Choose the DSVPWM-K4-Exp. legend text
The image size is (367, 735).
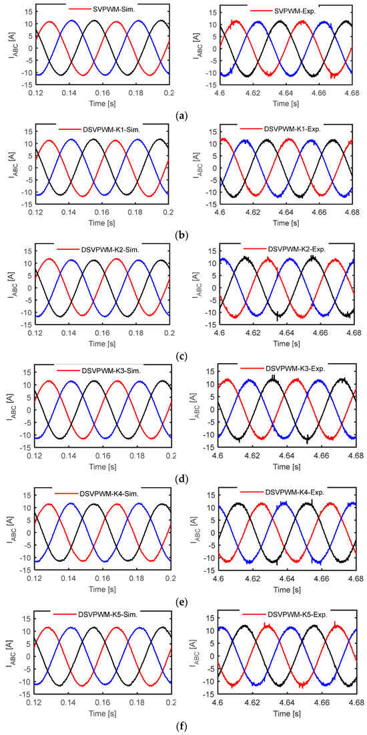(301, 492)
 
